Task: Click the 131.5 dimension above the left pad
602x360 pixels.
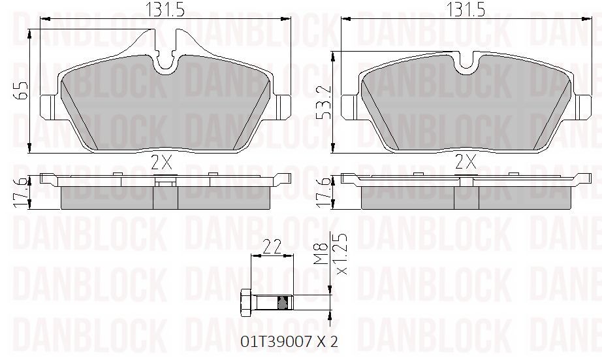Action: click(x=165, y=10)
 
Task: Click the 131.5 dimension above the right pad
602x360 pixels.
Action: click(x=466, y=10)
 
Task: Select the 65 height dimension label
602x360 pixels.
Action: click(x=22, y=91)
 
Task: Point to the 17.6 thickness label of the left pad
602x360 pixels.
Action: click(x=22, y=193)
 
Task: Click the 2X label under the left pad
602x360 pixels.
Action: click(x=161, y=163)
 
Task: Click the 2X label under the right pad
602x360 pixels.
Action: click(x=466, y=162)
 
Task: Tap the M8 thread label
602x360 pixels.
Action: click(x=321, y=254)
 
